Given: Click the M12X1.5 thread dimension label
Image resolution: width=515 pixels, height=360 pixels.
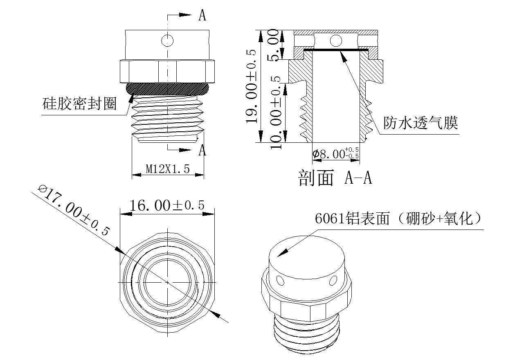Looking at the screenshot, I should pos(168,169).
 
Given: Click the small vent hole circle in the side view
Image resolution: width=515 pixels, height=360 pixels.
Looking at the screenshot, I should pos(168,40).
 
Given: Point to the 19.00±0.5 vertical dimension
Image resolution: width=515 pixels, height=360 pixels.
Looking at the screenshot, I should pos(251,86).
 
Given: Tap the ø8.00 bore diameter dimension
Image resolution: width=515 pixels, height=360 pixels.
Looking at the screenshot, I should pos(335,154).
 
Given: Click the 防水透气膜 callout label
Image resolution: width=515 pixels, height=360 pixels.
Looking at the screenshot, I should pos(420,122).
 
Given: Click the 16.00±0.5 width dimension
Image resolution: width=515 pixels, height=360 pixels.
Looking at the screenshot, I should pos(167,205).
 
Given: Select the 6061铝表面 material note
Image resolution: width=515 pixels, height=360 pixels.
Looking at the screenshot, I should pos(399,218).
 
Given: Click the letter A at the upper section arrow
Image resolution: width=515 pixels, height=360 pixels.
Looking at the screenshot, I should pos(202,16).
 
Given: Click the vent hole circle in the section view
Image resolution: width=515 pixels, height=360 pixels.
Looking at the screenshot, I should pos(336,40).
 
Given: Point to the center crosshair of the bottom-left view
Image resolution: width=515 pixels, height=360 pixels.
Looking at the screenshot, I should pos(167,282).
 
